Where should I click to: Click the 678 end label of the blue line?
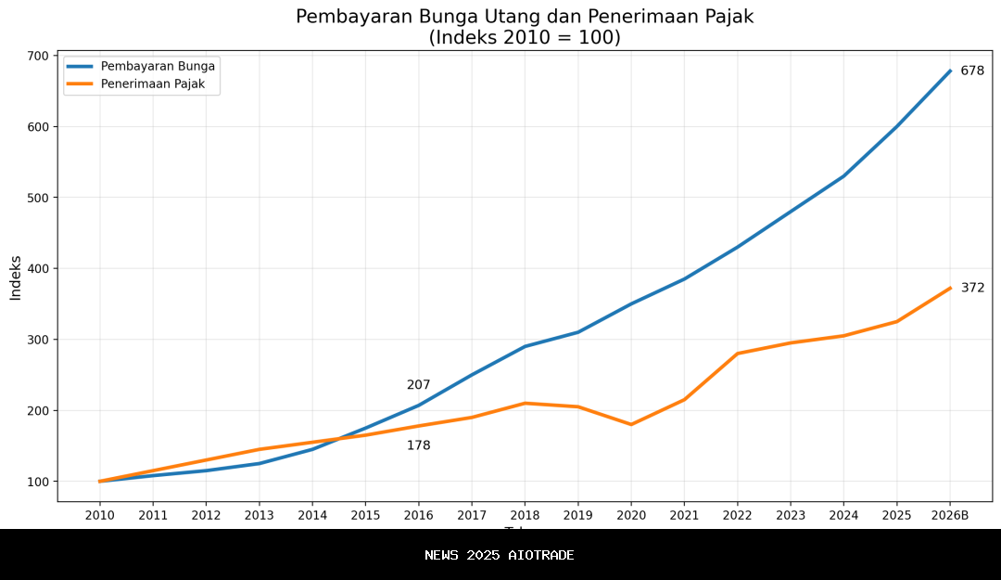coord(971,71)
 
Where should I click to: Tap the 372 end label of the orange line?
coord(972,289)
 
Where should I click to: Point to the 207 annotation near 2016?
coord(418,385)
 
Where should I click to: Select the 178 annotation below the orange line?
coord(418,446)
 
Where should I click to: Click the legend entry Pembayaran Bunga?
coord(158,66)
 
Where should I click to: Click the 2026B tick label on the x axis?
coord(950,515)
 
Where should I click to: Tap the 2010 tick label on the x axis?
coord(100,515)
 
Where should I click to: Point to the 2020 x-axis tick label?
coord(631,515)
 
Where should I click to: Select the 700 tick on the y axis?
coord(37,56)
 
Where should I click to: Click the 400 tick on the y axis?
coord(37,269)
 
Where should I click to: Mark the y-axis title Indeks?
coord(16,277)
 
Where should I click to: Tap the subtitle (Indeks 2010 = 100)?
coord(525,38)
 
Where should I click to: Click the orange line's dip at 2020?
coord(631,424)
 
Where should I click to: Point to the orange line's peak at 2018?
coord(525,403)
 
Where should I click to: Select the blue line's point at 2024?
coord(843,175)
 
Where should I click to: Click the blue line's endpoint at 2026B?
coord(950,71)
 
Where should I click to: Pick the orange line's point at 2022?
coord(738,354)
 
